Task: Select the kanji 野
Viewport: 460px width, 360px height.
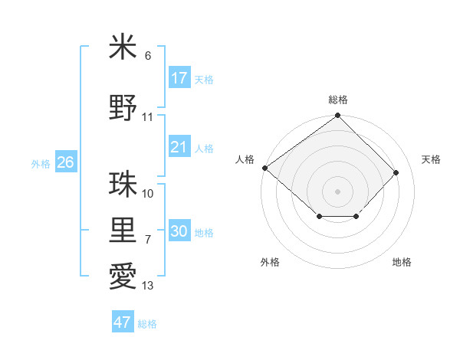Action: pos(123,107)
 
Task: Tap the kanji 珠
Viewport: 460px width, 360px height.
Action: pos(123,185)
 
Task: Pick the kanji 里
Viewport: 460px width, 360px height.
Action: pos(123,230)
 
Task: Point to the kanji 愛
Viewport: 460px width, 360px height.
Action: pos(123,276)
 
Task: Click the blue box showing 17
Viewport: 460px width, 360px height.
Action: pos(179,78)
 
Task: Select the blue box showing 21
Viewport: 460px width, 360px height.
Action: pos(179,147)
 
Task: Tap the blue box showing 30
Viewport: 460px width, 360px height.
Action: pos(179,231)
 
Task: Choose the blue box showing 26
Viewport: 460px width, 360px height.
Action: pos(65,162)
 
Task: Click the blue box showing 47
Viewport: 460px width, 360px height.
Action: pos(123,322)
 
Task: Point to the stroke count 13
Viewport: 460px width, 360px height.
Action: pos(148,286)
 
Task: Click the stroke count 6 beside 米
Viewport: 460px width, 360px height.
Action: pos(148,56)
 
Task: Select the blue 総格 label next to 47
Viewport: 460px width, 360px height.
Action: pos(148,324)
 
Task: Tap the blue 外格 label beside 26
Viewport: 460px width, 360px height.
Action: pos(41,163)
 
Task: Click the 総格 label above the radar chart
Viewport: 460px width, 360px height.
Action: pos(337,100)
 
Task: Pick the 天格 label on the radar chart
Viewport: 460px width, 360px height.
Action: pos(431,159)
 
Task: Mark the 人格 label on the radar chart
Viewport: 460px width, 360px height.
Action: pos(245,159)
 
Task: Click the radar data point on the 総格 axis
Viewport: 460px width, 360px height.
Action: pos(337,116)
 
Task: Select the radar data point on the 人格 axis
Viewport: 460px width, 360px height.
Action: pos(264,168)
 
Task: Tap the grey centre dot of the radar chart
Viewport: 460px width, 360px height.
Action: pos(337,191)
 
